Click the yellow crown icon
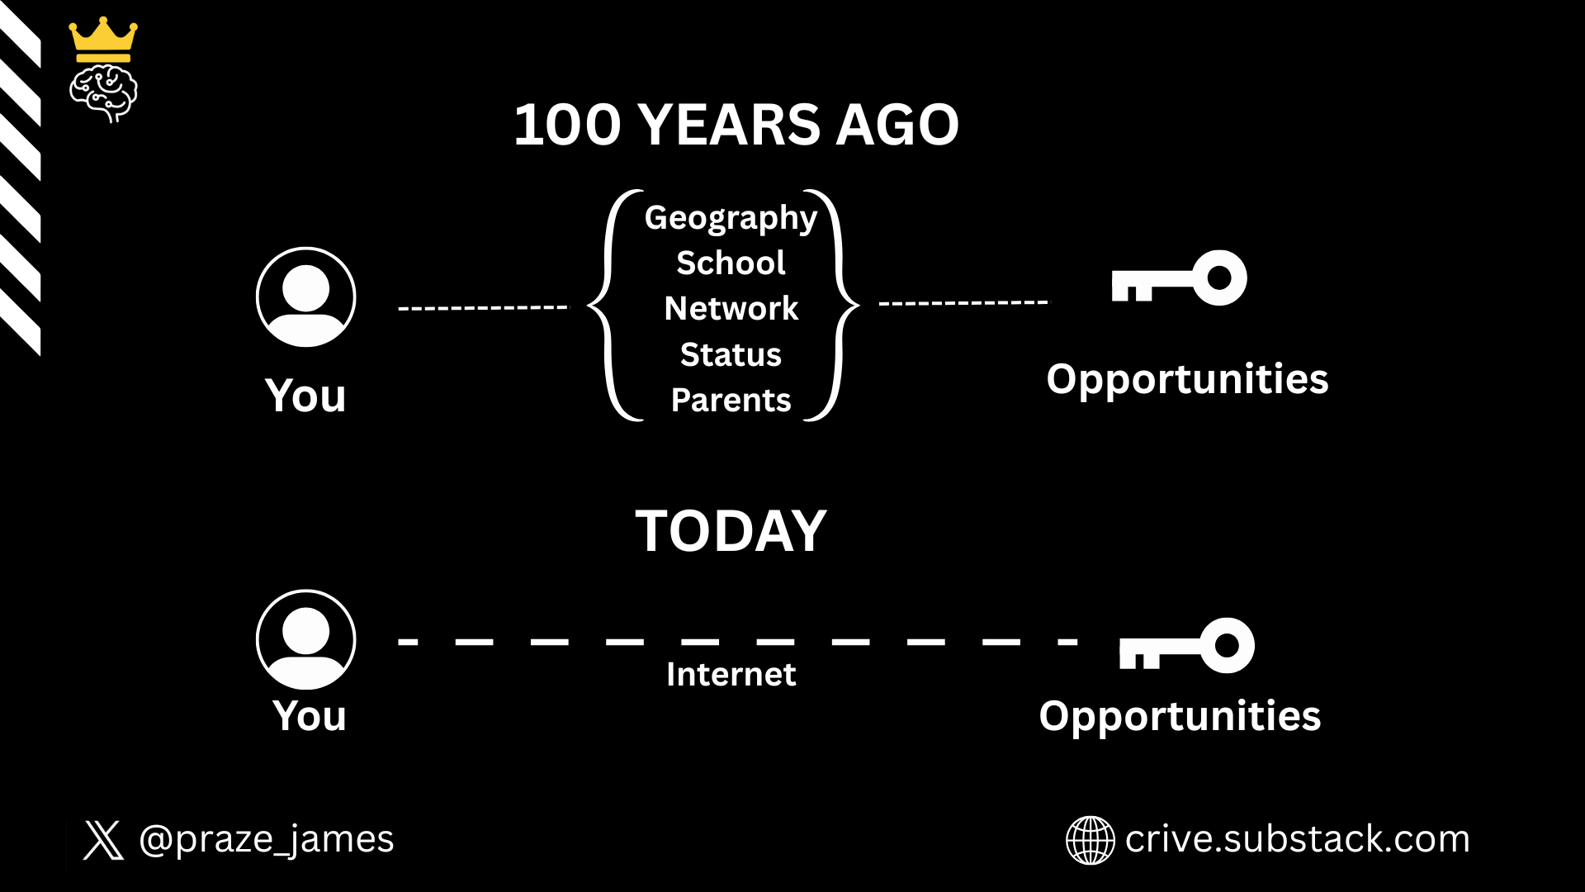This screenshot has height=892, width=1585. pos(103,40)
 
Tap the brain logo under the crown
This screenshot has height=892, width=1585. pos(103,94)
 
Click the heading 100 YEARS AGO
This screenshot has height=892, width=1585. pos(736,125)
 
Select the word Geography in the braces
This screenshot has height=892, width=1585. pos(731,218)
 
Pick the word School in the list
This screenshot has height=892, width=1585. pos(731,263)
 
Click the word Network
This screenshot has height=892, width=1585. pos(731,308)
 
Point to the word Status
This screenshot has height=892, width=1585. pos(731,354)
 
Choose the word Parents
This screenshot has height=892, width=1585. pos(731,400)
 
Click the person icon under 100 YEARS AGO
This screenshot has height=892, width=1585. pos(306,297)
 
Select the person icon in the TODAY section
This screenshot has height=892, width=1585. pos(306,639)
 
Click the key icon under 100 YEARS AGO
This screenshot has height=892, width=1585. pos(1179,278)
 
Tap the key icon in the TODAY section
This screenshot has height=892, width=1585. pos(1186,645)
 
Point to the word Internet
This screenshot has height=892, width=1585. pos(731,674)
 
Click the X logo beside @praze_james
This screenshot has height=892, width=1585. pos(103,840)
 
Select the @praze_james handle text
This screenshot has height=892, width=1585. pos(267,840)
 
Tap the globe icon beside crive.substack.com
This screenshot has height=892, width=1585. pos(1090,840)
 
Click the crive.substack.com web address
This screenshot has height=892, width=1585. pos(1297,839)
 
